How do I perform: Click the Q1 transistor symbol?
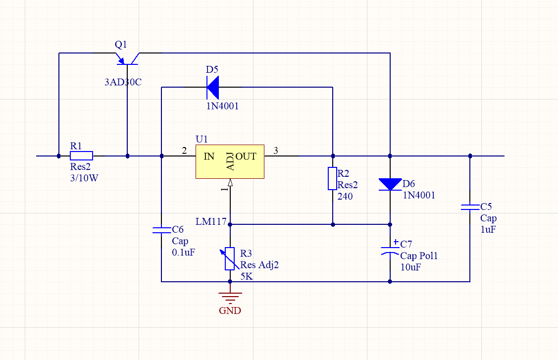127,58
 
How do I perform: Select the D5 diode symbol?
213,88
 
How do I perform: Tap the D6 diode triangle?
390,184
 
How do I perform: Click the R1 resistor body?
81,156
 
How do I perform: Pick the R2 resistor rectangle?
333,179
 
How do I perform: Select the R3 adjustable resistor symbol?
230,258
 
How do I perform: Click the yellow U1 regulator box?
230,162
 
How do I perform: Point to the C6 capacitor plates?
161,230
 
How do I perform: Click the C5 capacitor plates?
470,206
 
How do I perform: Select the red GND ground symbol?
230,298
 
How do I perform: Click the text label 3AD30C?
123,83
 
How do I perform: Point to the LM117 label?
210,221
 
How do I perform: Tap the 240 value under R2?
345,197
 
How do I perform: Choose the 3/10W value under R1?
84,179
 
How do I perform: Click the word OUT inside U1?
246,156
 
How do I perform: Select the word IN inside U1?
209,156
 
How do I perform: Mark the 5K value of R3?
247,277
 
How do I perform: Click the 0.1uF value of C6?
183,253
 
